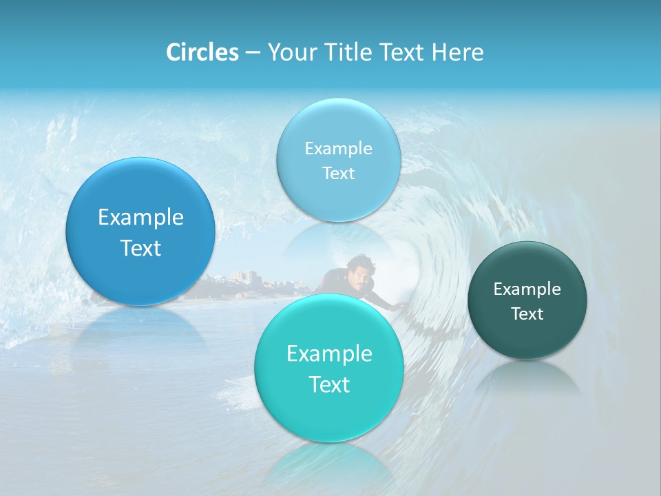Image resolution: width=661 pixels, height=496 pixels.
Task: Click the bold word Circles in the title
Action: click(202, 52)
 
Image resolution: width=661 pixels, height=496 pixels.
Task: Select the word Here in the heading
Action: click(457, 52)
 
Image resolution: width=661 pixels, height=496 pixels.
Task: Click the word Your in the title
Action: click(289, 52)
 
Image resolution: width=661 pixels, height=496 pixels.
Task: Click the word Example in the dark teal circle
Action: click(527, 289)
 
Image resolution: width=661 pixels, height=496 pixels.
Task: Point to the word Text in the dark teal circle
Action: click(527, 314)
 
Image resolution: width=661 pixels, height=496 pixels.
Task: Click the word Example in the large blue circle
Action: click(140, 218)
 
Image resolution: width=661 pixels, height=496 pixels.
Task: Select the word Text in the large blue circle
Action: click(140, 248)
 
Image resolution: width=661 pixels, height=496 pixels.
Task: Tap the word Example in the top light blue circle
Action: click(339, 149)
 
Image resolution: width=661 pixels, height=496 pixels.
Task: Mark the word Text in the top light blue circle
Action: click(339, 174)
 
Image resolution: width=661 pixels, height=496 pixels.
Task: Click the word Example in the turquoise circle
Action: click(329, 354)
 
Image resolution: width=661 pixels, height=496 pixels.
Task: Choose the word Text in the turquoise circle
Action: click(329, 384)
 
